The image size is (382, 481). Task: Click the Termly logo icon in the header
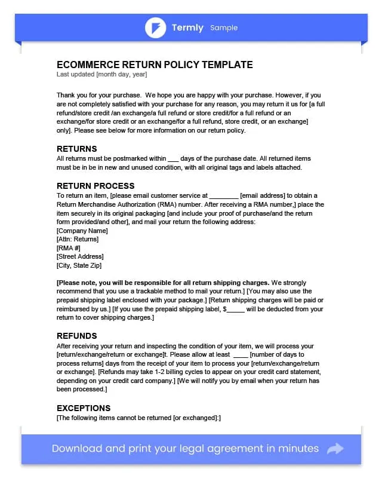155,27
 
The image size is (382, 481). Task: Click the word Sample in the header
224,28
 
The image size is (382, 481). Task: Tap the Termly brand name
187,27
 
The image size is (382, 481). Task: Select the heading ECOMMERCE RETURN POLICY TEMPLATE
155,65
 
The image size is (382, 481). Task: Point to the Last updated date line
101,75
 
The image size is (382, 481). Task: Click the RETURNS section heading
76,149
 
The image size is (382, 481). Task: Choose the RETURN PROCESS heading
95,186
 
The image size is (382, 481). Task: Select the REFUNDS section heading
76,336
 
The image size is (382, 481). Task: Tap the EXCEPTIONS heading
84,408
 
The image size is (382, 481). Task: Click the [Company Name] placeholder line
82,231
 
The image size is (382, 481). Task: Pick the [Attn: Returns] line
78,239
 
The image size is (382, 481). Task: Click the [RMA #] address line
69,248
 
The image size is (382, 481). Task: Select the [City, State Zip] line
79,265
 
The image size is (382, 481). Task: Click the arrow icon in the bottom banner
335,449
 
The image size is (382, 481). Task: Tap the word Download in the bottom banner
76,449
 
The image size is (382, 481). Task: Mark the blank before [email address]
224,196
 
